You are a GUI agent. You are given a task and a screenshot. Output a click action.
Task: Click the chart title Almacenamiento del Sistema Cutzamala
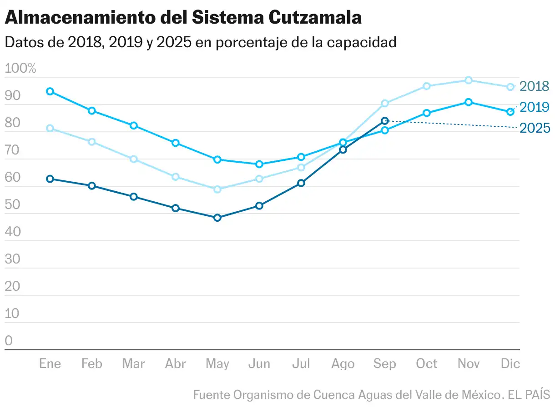click(x=183, y=18)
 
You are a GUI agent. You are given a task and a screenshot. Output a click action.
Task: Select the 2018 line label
click(x=534, y=86)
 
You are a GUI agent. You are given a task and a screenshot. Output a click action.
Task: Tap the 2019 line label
click(x=534, y=107)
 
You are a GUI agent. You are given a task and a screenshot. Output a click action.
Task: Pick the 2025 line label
click(x=534, y=128)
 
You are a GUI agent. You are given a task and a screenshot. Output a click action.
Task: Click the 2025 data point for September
click(x=385, y=121)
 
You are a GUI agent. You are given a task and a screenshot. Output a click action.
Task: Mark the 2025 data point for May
click(x=217, y=218)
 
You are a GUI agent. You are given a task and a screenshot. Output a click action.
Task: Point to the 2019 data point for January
click(x=50, y=91)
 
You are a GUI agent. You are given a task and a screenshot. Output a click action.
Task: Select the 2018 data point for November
click(x=469, y=80)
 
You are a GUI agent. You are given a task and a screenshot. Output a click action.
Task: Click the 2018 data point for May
click(x=217, y=189)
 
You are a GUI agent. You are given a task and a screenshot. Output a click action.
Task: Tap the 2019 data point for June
click(x=259, y=164)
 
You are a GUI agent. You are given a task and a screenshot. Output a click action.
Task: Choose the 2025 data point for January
click(x=50, y=179)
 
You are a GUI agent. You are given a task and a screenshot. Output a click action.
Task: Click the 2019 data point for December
click(x=510, y=112)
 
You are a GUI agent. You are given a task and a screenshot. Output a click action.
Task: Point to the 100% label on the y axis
click(x=20, y=69)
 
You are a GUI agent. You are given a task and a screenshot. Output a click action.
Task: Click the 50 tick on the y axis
click(x=12, y=204)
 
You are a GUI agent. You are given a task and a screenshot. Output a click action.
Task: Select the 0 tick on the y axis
click(x=9, y=341)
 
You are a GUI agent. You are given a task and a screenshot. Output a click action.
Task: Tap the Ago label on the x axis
click(x=343, y=364)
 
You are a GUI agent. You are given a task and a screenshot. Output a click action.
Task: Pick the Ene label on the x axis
click(x=50, y=364)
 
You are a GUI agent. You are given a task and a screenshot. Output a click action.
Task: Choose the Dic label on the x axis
click(x=510, y=364)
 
